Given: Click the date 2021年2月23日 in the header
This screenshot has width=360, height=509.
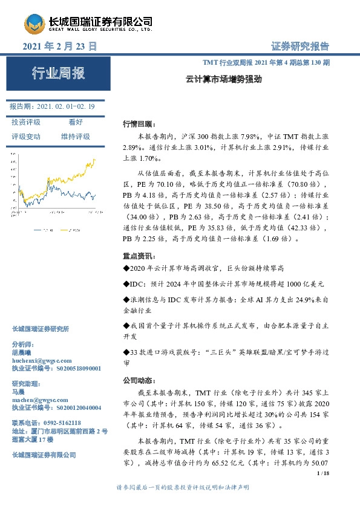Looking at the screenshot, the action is pos(59,47).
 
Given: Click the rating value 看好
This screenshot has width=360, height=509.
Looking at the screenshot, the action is pos(75,122).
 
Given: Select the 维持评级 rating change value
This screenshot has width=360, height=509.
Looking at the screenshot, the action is pos(76,137).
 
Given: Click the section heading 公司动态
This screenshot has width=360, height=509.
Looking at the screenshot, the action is pos(139,381).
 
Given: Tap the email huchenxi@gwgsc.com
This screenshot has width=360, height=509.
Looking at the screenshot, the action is pos(38,359).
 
